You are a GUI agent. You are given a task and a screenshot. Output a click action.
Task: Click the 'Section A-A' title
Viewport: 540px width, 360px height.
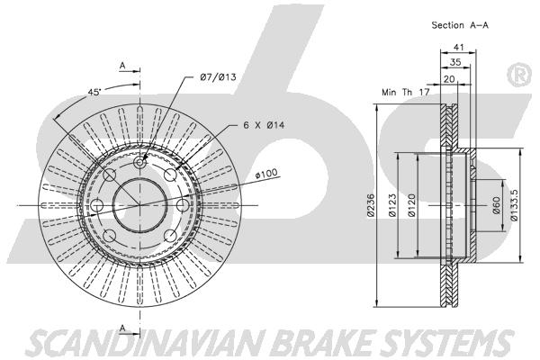click(460, 25)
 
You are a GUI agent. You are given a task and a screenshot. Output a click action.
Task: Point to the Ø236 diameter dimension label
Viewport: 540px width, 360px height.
click(370, 205)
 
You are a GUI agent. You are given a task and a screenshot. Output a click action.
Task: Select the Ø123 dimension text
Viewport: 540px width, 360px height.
click(392, 205)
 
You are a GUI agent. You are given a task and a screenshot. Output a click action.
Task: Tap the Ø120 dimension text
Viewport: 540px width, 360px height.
click(412, 205)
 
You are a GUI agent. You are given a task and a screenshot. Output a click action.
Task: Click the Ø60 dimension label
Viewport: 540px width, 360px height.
click(496, 205)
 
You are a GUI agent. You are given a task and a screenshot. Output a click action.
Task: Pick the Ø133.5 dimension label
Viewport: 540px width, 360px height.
click(514, 204)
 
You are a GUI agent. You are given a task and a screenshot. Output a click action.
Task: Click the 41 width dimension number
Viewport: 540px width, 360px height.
click(459, 47)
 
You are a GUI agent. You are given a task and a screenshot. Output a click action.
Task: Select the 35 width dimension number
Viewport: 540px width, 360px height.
click(455, 62)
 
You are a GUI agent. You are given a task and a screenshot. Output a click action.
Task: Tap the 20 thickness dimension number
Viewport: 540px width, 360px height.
click(449, 79)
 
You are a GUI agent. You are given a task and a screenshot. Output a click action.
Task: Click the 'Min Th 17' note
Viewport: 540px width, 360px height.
click(406, 92)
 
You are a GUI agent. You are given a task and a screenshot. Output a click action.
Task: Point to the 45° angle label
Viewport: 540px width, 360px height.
click(94, 92)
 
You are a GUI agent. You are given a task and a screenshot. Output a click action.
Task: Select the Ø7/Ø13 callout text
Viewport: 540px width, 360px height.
click(219, 76)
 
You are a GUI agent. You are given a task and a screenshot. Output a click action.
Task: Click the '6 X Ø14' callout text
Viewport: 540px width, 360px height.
click(264, 125)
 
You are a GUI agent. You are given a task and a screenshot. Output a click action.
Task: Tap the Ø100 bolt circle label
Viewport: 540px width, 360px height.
click(265, 174)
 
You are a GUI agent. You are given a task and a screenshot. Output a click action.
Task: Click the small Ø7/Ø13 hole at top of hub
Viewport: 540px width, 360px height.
click(139, 162)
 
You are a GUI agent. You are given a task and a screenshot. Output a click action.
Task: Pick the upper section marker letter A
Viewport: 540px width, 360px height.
click(122, 66)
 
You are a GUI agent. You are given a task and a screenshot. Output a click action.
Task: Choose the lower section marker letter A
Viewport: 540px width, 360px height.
click(122, 328)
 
